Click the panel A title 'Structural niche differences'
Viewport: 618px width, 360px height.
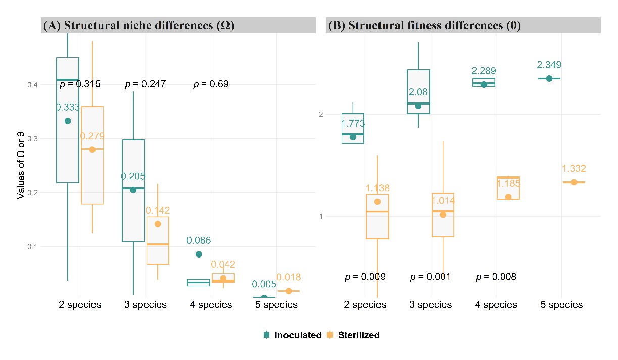click(138, 25)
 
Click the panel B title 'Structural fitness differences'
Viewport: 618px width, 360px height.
click(425, 25)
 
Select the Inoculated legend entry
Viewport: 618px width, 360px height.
click(293, 335)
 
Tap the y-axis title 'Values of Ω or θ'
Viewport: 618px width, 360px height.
click(21, 166)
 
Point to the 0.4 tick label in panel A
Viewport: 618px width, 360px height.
click(32, 85)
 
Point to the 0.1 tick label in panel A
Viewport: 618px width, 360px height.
click(32, 247)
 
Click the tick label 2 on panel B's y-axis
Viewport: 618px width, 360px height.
click(321, 114)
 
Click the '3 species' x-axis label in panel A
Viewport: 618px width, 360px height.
click(146, 304)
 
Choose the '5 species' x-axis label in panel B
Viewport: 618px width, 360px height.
click(561, 304)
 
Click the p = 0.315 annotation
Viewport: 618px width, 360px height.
click(80, 84)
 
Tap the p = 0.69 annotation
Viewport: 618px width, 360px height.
click(211, 84)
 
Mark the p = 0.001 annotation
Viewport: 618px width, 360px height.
click(431, 276)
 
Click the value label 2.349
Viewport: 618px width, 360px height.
click(549, 65)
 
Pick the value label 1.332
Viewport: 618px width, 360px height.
click(574, 168)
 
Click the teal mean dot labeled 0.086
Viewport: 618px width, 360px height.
click(199, 254)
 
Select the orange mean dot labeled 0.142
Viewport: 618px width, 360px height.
click(158, 224)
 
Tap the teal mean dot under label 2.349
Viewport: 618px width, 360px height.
click(549, 79)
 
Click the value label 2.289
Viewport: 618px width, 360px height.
click(484, 71)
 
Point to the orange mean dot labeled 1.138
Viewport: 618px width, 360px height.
click(377, 202)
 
